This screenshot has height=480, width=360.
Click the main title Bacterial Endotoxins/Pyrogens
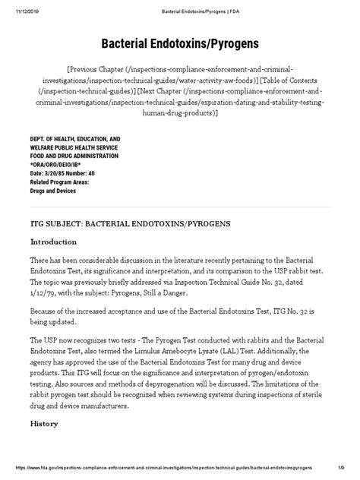[180, 43]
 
